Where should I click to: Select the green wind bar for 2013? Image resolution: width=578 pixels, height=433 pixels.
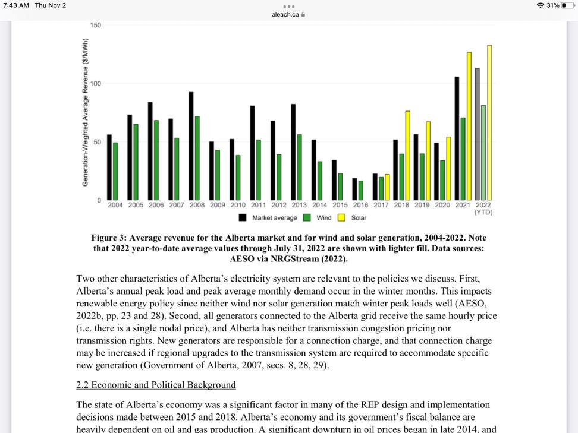[299, 167]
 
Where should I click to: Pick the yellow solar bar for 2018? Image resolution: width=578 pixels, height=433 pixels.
[408, 156]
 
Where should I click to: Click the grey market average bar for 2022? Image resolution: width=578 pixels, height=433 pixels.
[477, 134]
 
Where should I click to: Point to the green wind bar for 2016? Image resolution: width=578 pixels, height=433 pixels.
[360, 191]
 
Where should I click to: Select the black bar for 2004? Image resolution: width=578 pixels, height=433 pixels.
[109, 167]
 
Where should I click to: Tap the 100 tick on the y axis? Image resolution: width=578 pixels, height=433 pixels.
[95, 84]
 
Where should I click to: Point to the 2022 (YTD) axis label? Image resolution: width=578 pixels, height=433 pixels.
[483, 208]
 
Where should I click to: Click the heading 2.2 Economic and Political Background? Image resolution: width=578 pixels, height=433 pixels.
[156, 385]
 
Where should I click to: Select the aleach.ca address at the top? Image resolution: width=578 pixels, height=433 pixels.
[285, 15]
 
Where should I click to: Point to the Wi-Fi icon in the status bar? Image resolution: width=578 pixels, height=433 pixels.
[539, 5]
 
